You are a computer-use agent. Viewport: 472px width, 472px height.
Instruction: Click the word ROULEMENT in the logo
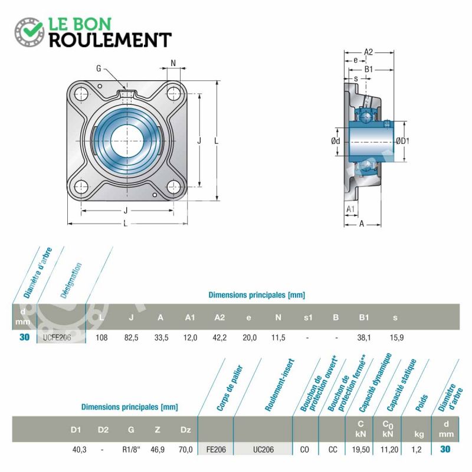click(110, 40)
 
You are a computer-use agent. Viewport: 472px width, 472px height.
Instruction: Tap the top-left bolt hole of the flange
click(81, 94)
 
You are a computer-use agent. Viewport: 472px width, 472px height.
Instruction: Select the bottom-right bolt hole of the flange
click(173, 187)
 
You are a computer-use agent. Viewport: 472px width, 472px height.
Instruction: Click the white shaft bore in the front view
click(127, 140)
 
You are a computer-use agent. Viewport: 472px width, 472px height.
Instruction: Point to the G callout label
click(99, 68)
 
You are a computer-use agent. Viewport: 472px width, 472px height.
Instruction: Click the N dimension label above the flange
click(173, 63)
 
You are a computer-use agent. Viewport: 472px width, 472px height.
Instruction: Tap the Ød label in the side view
click(335, 141)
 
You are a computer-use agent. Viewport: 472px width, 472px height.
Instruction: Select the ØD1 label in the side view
click(402, 141)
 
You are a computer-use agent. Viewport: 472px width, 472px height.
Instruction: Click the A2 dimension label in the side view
click(368, 52)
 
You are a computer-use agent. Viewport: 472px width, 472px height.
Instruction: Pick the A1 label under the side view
click(350, 209)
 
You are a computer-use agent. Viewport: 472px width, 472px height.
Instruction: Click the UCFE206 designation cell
click(57, 337)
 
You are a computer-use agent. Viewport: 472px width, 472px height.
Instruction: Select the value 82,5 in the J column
click(131, 337)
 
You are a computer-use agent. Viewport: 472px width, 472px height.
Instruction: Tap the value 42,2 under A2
click(219, 337)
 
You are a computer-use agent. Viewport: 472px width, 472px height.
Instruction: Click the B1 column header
click(363, 317)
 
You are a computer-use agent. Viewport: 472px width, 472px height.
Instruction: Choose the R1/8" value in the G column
click(131, 450)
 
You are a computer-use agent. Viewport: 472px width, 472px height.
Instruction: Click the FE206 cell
click(216, 450)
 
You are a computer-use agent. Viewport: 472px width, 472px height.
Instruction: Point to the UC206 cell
click(263, 450)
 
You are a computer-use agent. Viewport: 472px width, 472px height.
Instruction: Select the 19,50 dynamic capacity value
click(360, 450)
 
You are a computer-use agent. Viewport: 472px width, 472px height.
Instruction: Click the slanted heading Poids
click(421, 403)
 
